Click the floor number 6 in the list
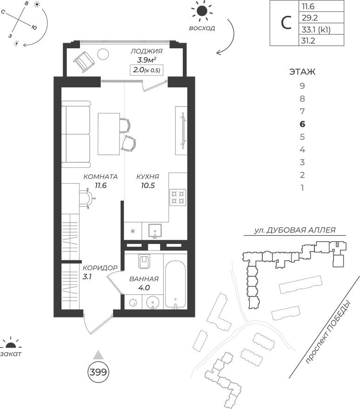point(302,124)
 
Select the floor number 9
point(302,86)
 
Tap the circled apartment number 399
point(98,372)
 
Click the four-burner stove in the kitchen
point(177,197)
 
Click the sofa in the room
point(76,136)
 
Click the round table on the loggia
point(103,54)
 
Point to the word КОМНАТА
point(100,177)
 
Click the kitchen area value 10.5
point(147,185)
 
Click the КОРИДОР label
point(100,268)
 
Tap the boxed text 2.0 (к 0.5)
point(147,70)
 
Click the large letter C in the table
point(285,23)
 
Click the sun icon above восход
point(202,12)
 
